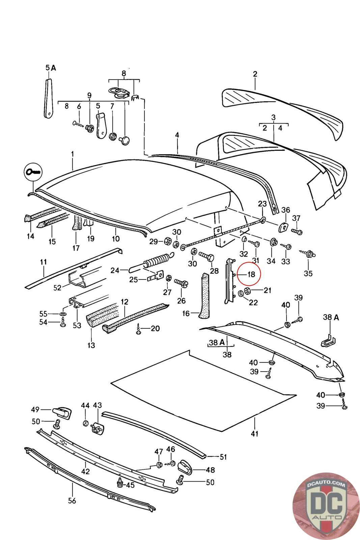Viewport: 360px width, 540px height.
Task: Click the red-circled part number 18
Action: (251, 274)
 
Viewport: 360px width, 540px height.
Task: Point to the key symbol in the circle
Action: (33, 172)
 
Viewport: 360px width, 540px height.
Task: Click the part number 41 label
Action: (254, 433)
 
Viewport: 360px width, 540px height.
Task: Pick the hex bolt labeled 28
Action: (205, 258)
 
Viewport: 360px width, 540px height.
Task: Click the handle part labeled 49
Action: (63, 411)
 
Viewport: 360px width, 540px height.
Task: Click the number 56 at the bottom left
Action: (72, 501)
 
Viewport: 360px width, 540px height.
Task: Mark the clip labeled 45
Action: (119, 483)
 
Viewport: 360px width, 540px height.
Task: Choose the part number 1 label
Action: (72, 154)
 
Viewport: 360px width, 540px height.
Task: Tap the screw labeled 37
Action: (297, 232)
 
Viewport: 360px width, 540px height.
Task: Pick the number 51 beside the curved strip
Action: (223, 457)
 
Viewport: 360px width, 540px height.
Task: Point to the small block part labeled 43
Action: (97, 427)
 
